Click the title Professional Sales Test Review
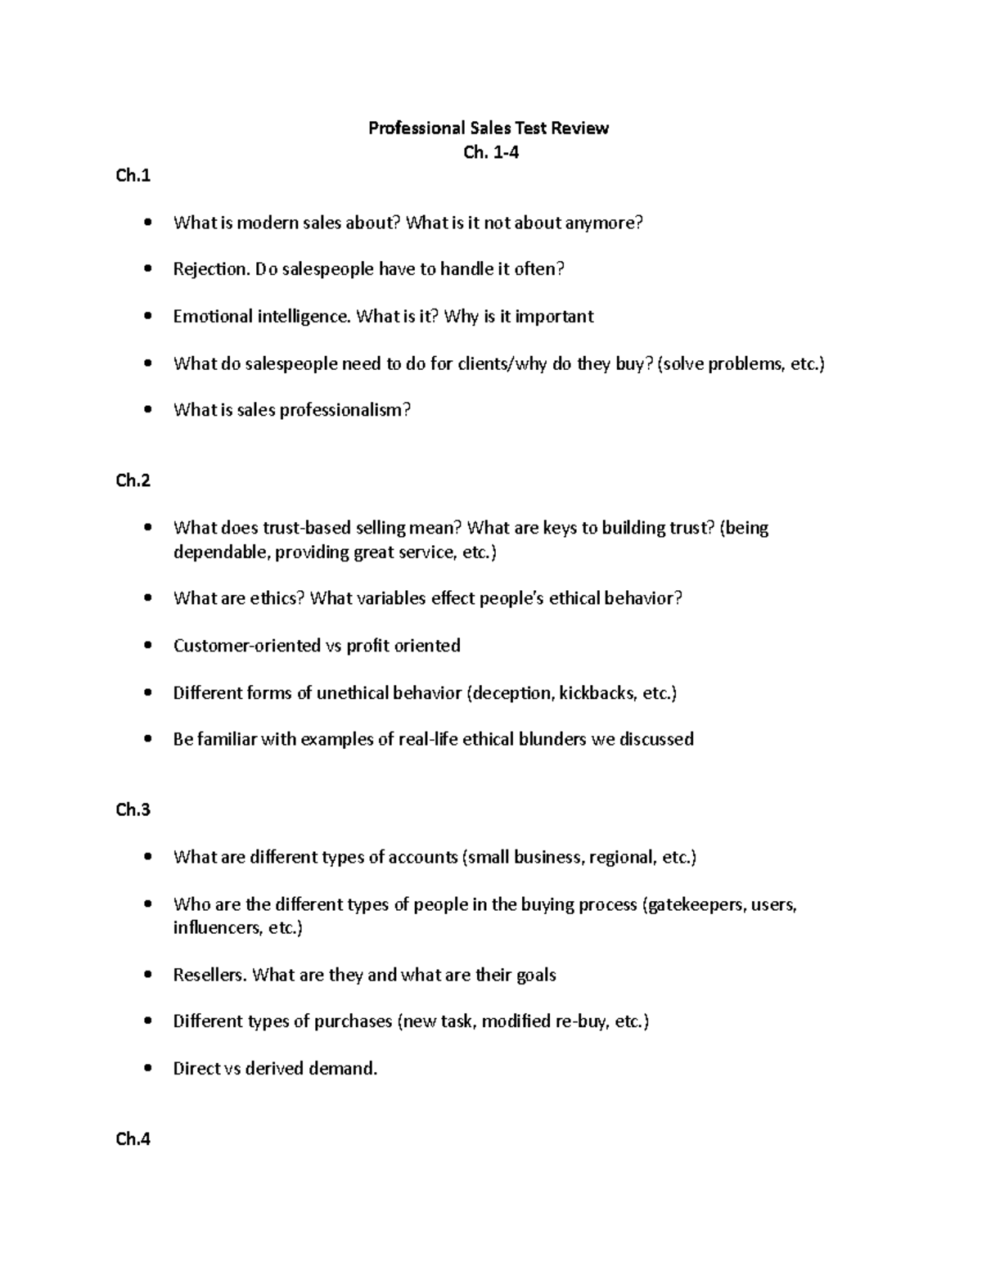coord(489,128)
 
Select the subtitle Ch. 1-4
coord(490,152)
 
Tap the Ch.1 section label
coord(133,175)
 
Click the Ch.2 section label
coord(133,480)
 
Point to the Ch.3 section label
coord(133,809)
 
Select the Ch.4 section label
coord(133,1138)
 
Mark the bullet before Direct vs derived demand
coord(147,1068)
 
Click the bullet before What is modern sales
coord(147,223)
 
